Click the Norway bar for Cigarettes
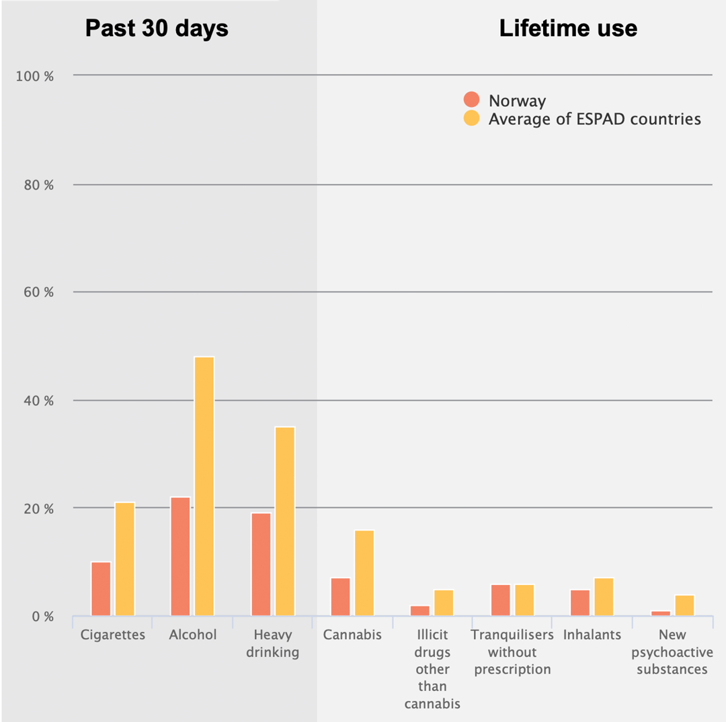coord(101,589)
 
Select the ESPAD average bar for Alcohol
coord(204,486)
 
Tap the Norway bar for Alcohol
coord(180,556)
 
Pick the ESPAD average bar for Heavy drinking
coord(285,521)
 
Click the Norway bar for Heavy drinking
coord(261,564)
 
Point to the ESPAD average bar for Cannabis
coord(364,573)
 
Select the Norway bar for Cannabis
coord(341,597)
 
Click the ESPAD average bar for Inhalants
coord(604,597)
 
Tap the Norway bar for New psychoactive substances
coord(661,613)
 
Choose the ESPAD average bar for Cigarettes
coord(124,559)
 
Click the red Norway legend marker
coord(472,100)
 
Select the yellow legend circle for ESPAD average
coord(472,118)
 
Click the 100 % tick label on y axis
coord(34,76)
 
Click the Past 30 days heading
coord(157,28)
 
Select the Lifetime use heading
coord(568,28)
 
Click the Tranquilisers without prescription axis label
coord(512,652)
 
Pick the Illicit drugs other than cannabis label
coord(432,669)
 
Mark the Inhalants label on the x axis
coord(592,635)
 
